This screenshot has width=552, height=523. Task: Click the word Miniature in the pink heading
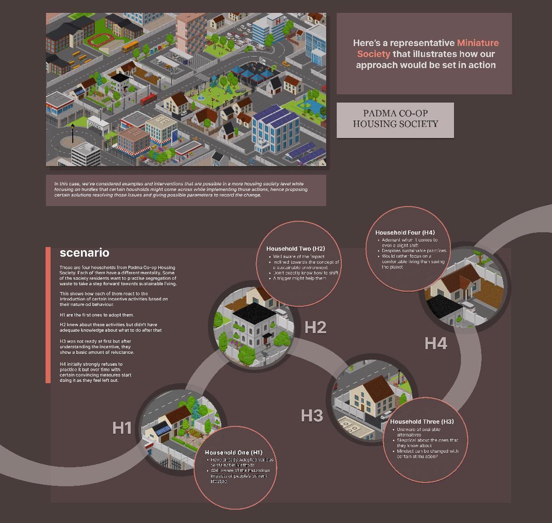coord(477,43)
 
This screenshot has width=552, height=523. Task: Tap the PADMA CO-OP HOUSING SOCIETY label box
coord(395,120)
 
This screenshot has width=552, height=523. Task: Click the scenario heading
coord(84,253)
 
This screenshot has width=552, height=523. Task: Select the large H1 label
coord(122,428)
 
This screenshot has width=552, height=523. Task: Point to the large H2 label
coord(316,327)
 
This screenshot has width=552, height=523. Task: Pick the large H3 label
coord(312,415)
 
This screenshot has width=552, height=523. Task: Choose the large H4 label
coord(436,343)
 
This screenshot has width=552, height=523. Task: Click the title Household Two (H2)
coord(295,248)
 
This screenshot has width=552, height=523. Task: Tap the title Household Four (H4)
coord(405,233)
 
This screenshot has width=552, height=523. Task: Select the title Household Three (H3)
coord(422,421)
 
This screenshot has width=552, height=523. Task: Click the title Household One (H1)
coord(234,452)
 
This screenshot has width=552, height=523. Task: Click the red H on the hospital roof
coord(278,21)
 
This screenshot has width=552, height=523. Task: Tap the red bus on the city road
coord(148,98)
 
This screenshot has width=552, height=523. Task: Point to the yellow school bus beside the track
coord(130,46)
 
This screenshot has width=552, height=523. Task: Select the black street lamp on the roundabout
coord(72,133)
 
